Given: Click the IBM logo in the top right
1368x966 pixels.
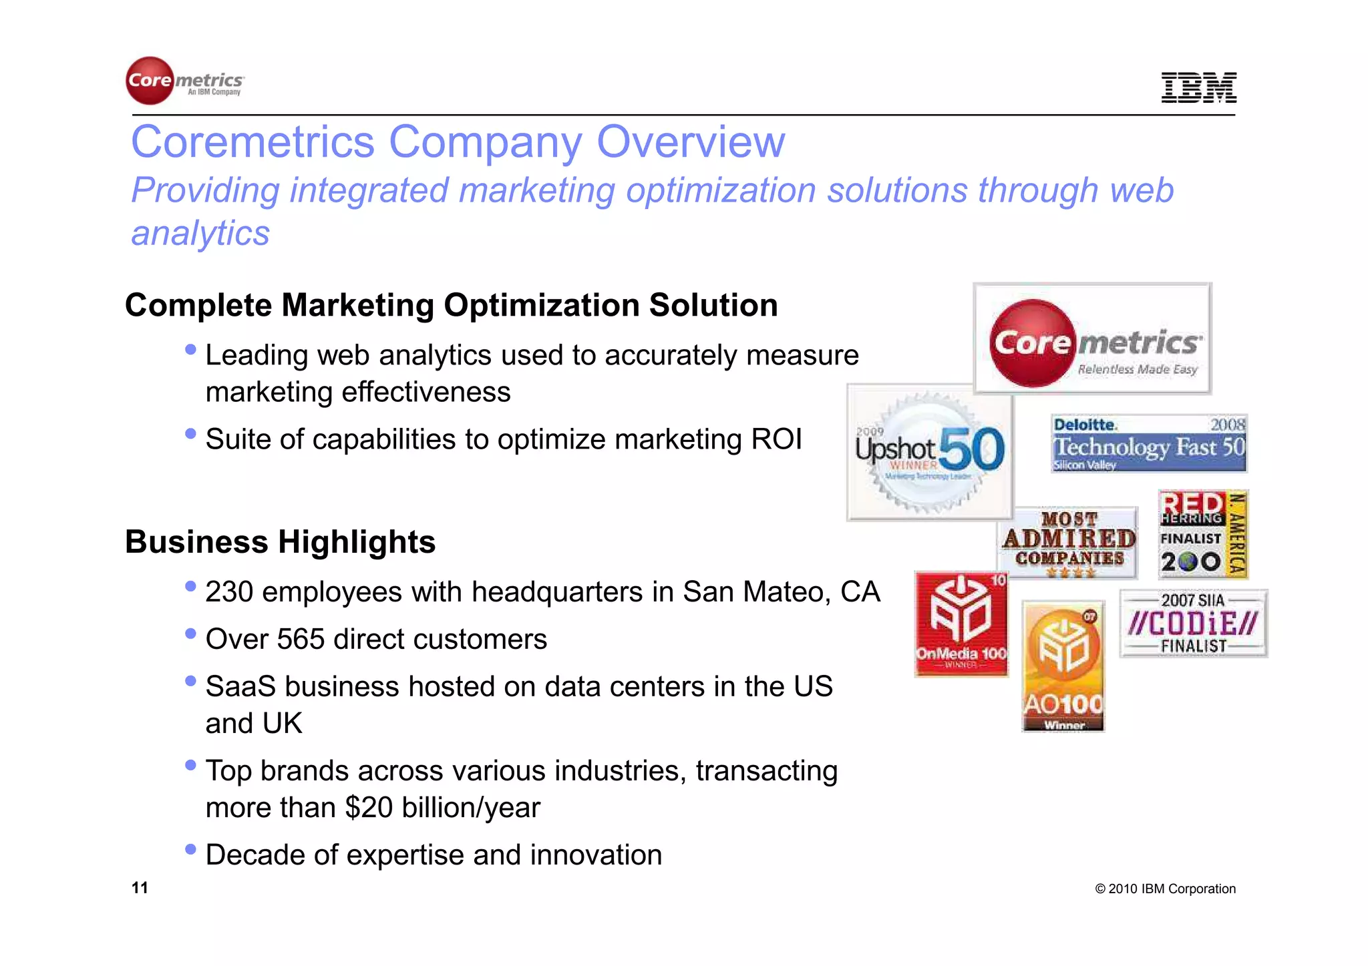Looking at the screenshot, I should [1198, 87].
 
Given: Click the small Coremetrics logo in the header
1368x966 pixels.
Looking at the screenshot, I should [185, 81].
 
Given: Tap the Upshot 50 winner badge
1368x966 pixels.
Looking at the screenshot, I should [930, 452].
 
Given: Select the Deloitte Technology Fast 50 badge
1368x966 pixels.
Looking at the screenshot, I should [1148, 443].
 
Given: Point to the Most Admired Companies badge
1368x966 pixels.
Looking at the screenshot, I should [1069, 541].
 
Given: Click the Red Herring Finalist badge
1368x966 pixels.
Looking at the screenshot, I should [1203, 534].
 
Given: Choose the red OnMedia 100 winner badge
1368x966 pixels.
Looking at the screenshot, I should [961, 624].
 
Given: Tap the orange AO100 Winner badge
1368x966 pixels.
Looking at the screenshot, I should [1063, 666].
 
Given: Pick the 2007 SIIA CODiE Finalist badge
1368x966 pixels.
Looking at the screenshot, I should [1193, 623].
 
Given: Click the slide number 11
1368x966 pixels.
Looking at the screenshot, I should [140, 887].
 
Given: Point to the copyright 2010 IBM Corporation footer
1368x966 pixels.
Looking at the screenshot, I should [1165, 889].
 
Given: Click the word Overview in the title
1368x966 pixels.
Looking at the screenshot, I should [691, 142].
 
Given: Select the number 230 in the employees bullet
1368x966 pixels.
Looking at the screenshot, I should [229, 592].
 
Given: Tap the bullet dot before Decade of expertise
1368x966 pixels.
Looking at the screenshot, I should [191, 849].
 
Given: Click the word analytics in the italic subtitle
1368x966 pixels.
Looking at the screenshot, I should [200, 233].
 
